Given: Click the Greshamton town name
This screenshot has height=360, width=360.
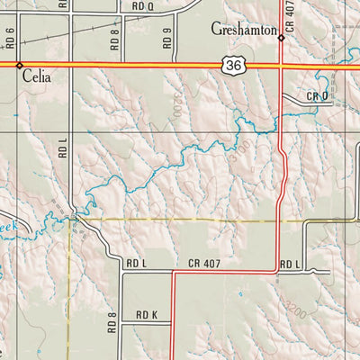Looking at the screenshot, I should pos(243,29).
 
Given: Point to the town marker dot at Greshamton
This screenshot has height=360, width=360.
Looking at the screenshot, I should pos(281,38).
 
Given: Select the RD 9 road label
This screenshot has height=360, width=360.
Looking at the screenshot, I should pos(167,38).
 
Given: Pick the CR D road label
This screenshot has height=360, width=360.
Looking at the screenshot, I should pos(317,96).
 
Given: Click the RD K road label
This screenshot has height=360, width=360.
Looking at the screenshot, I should pos(147,315).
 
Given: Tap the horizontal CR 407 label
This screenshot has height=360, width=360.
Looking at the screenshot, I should pos(205,264).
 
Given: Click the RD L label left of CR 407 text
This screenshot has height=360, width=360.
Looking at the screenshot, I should pos(136,264).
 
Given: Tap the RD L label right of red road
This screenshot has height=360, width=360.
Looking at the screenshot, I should pos(289,264).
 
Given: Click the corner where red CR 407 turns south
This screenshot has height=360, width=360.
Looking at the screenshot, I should pos(172,272).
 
